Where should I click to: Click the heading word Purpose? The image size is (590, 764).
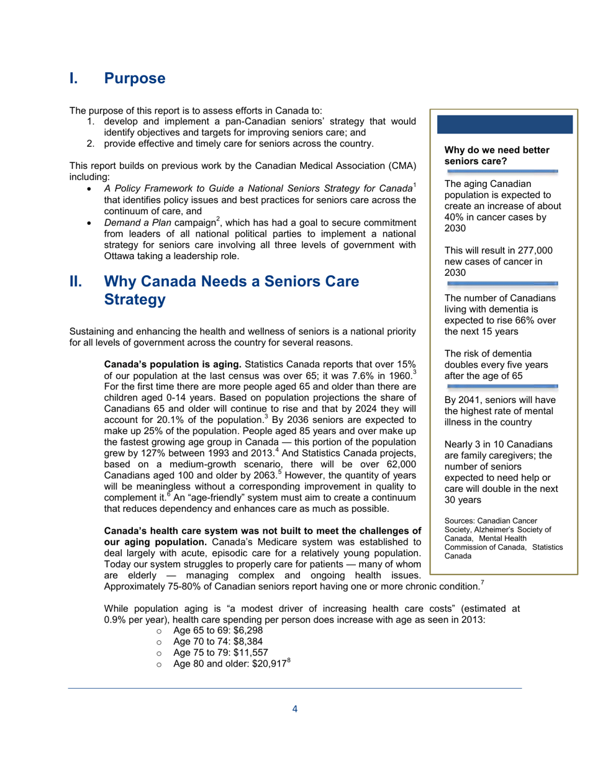135,79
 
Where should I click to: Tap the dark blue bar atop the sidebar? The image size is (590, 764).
505,124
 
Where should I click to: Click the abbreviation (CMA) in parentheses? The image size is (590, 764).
402,166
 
